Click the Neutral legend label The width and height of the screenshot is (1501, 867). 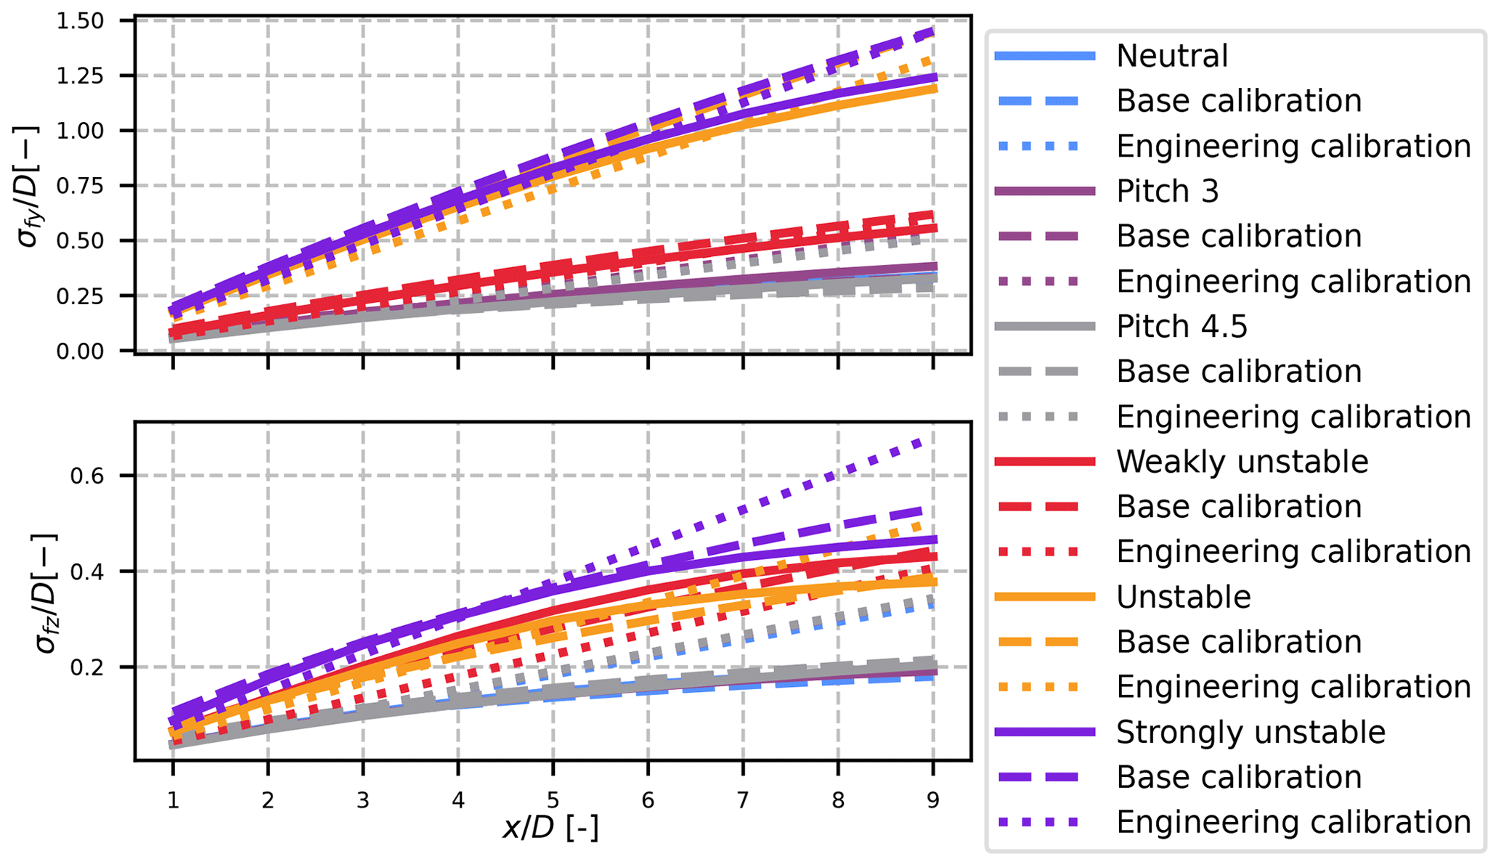click(x=1171, y=56)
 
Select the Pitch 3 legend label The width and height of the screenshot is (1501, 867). click(x=1167, y=191)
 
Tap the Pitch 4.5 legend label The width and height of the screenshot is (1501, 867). click(x=1181, y=326)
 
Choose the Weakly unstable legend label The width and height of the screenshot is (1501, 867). click(x=1242, y=462)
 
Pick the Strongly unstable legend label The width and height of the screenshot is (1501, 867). click(x=1250, y=732)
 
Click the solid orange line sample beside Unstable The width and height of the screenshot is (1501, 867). click(x=1044, y=597)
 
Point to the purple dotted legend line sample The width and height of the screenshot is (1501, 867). click(x=1044, y=822)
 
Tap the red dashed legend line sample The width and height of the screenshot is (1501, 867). click(x=1044, y=507)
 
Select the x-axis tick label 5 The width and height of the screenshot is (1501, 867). click(x=553, y=800)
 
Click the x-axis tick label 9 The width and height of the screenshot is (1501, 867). click(x=932, y=800)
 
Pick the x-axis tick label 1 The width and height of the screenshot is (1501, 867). click(x=173, y=800)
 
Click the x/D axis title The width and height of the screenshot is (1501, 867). click(x=551, y=829)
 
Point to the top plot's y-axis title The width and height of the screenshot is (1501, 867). click(x=29, y=186)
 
